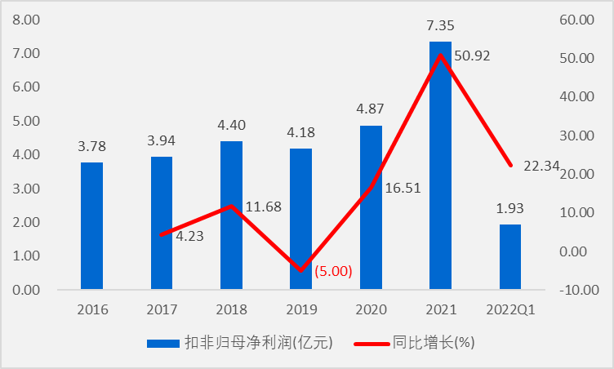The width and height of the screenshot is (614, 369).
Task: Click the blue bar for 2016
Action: click(x=91, y=226)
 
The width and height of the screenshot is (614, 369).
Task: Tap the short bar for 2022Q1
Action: click(x=509, y=256)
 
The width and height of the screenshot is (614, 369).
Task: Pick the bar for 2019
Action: click(x=300, y=219)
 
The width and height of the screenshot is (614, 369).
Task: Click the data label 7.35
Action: click(x=440, y=27)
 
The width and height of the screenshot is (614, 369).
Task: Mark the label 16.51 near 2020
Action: click(x=402, y=190)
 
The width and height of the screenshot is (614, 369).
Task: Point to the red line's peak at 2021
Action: click(x=440, y=56)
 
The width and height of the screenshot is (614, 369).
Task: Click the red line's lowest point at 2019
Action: click(x=300, y=270)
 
